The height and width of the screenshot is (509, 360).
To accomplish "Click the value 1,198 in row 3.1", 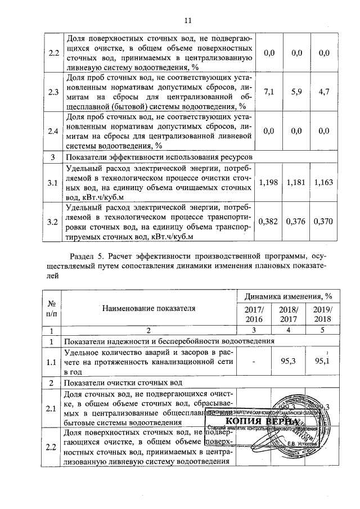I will pyautogui.click(x=268, y=183).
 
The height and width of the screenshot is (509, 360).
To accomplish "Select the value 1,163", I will pyautogui.click(x=323, y=183).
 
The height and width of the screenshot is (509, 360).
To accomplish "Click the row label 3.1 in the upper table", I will pyautogui.click(x=53, y=183).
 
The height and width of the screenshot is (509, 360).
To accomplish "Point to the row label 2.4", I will pyautogui.click(x=53, y=131).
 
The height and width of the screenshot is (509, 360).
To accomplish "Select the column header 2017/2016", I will pyautogui.click(x=257, y=314).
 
